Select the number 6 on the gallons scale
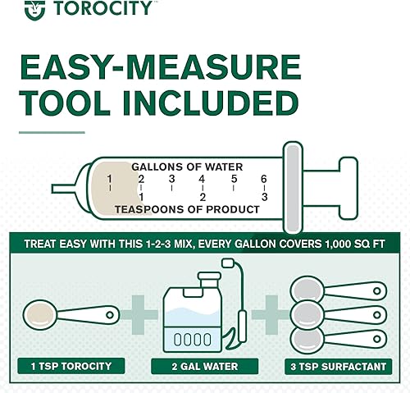(x=264, y=179)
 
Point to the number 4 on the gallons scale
(x=203, y=179)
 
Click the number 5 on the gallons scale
(x=234, y=179)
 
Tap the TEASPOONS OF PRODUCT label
(x=187, y=209)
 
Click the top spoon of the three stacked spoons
(x=336, y=290)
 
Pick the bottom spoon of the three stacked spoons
(x=336, y=339)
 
